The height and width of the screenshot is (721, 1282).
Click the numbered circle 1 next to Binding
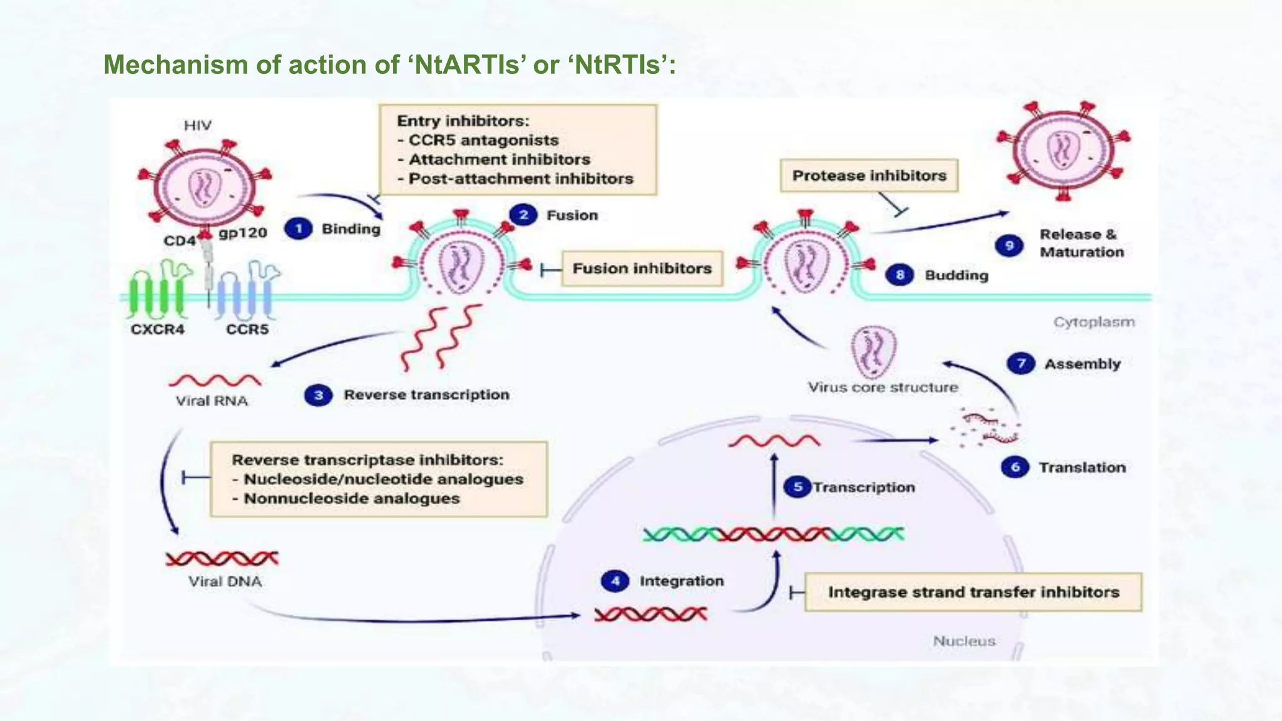coord(299,228)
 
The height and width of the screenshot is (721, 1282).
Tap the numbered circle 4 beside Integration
coord(615,581)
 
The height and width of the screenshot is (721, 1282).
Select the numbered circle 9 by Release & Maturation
coord(1009,245)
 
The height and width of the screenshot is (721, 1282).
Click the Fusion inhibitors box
coord(642,268)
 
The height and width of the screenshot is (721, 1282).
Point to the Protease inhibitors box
coord(869,175)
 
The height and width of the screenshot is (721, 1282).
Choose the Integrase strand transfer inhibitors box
coord(973,592)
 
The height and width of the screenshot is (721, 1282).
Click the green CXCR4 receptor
coord(156,291)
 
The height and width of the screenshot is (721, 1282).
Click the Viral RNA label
coord(212,401)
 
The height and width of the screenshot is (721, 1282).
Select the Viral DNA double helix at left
coord(222,558)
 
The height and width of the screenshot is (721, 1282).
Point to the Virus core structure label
coord(883,387)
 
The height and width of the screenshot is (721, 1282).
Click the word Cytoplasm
coord(1094,322)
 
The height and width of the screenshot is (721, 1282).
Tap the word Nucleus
coord(964,641)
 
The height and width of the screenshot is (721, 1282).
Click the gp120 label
coord(243,233)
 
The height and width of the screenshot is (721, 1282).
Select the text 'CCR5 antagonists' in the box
coord(483,140)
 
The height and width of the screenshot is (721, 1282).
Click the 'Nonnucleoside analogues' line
coord(351,499)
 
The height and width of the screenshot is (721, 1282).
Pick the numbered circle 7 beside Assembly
coord(1021,364)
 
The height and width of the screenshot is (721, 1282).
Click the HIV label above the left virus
coord(197,125)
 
